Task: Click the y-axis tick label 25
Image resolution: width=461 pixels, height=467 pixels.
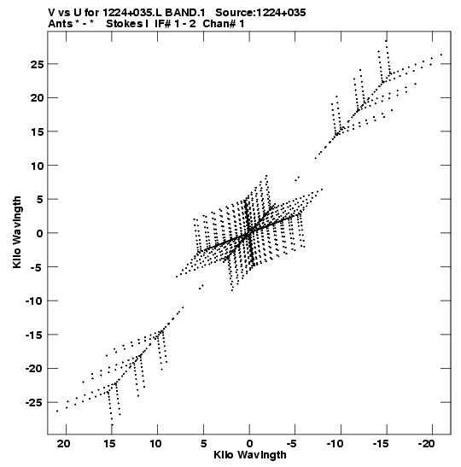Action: [x=38, y=64]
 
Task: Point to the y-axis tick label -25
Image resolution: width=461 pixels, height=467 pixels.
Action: [x=35, y=403]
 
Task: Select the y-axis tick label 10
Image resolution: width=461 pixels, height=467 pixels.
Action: [x=38, y=166]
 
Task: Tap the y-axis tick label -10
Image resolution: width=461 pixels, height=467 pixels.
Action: [x=35, y=301]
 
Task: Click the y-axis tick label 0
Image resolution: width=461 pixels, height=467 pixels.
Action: [x=41, y=234]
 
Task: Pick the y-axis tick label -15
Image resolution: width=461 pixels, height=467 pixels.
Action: [x=35, y=336]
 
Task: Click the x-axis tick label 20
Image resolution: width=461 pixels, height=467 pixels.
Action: [x=64, y=444]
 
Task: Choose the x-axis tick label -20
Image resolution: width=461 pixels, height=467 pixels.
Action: [x=427, y=444]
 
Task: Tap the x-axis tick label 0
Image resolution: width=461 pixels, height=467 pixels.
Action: [x=249, y=444]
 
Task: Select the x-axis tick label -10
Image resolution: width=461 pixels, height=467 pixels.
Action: [x=335, y=444]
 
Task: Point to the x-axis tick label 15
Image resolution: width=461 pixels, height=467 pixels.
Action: [x=109, y=444]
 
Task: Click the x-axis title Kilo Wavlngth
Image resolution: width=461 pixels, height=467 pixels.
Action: [x=250, y=455]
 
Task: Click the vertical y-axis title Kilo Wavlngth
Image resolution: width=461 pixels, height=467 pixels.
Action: [x=17, y=232]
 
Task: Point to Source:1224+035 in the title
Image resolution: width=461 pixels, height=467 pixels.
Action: [x=260, y=13]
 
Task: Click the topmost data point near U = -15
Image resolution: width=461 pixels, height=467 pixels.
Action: [x=386, y=41]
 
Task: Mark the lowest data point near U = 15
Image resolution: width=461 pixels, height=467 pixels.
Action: [x=112, y=425]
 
